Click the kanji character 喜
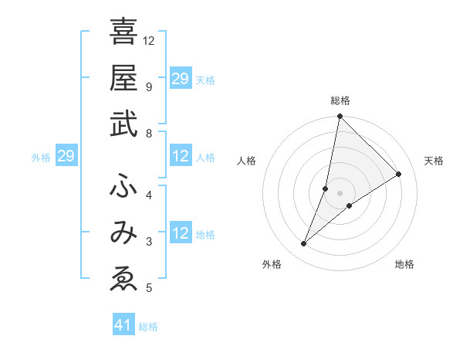[x=123, y=32]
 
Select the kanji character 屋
[x=123, y=78]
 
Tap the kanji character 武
[x=123, y=124]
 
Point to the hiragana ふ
[x=123, y=186]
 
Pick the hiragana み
[x=123, y=233]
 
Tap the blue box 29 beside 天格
[x=181, y=79]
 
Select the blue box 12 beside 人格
[x=181, y=157]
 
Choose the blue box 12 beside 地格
[x=181, y=234]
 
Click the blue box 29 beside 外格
[x=66, y=157]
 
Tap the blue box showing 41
[x=123, y=325]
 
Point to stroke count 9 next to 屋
[x=149, y=87]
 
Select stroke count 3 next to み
[x=149, y=242]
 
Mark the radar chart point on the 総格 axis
[x=340, y=117]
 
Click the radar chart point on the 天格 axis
[x=399, y=174]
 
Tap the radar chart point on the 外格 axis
[x=304, y=244]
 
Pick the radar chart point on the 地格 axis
[x=350, y=205]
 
